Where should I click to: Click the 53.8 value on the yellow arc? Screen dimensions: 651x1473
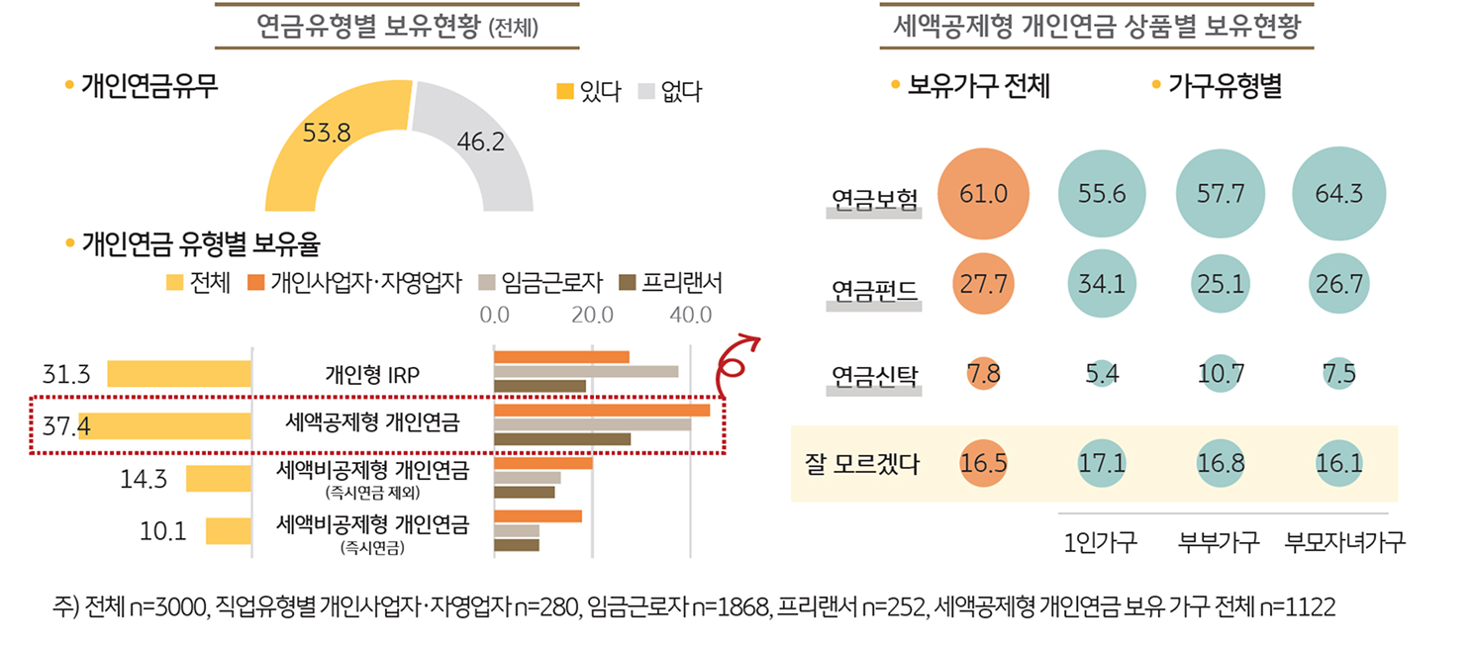pyautogui.click(x=327, y=133)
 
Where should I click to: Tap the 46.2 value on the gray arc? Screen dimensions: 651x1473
pyautogui.click(x=481, y=142)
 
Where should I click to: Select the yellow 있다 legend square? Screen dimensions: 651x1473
pyautogui.click(x=565, y=92)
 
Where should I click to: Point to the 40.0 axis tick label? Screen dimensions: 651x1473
pyautogui.click(x=690, y=317)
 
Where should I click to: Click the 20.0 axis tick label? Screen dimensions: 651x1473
pyautogui.click(x=591, y=317)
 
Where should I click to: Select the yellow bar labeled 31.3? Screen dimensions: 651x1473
pyautogui.click(x=179, y=374)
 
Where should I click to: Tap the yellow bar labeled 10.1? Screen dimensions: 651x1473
pyautogui.click(x=228, y=531)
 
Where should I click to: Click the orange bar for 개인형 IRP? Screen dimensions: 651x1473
pyautogui.click(x=561, y=356)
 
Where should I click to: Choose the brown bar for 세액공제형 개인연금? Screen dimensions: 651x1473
pyautogui.click(x=561, y=438)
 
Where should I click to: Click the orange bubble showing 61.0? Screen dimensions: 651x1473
pyautogui.click(x=984, y=194)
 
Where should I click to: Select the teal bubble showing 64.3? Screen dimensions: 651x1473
pyautogui.click(x=1338, y=194)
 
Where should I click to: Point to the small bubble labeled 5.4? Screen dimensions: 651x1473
pyautogui.click(x=1103, y=375)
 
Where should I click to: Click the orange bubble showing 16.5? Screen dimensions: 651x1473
pyautogui.click(x=984, y=464)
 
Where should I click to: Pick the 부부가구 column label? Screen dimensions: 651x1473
pyautogui.click(x=1219, y=543)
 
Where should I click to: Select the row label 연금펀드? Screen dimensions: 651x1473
pyautogui.click(x=874, y=291)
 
